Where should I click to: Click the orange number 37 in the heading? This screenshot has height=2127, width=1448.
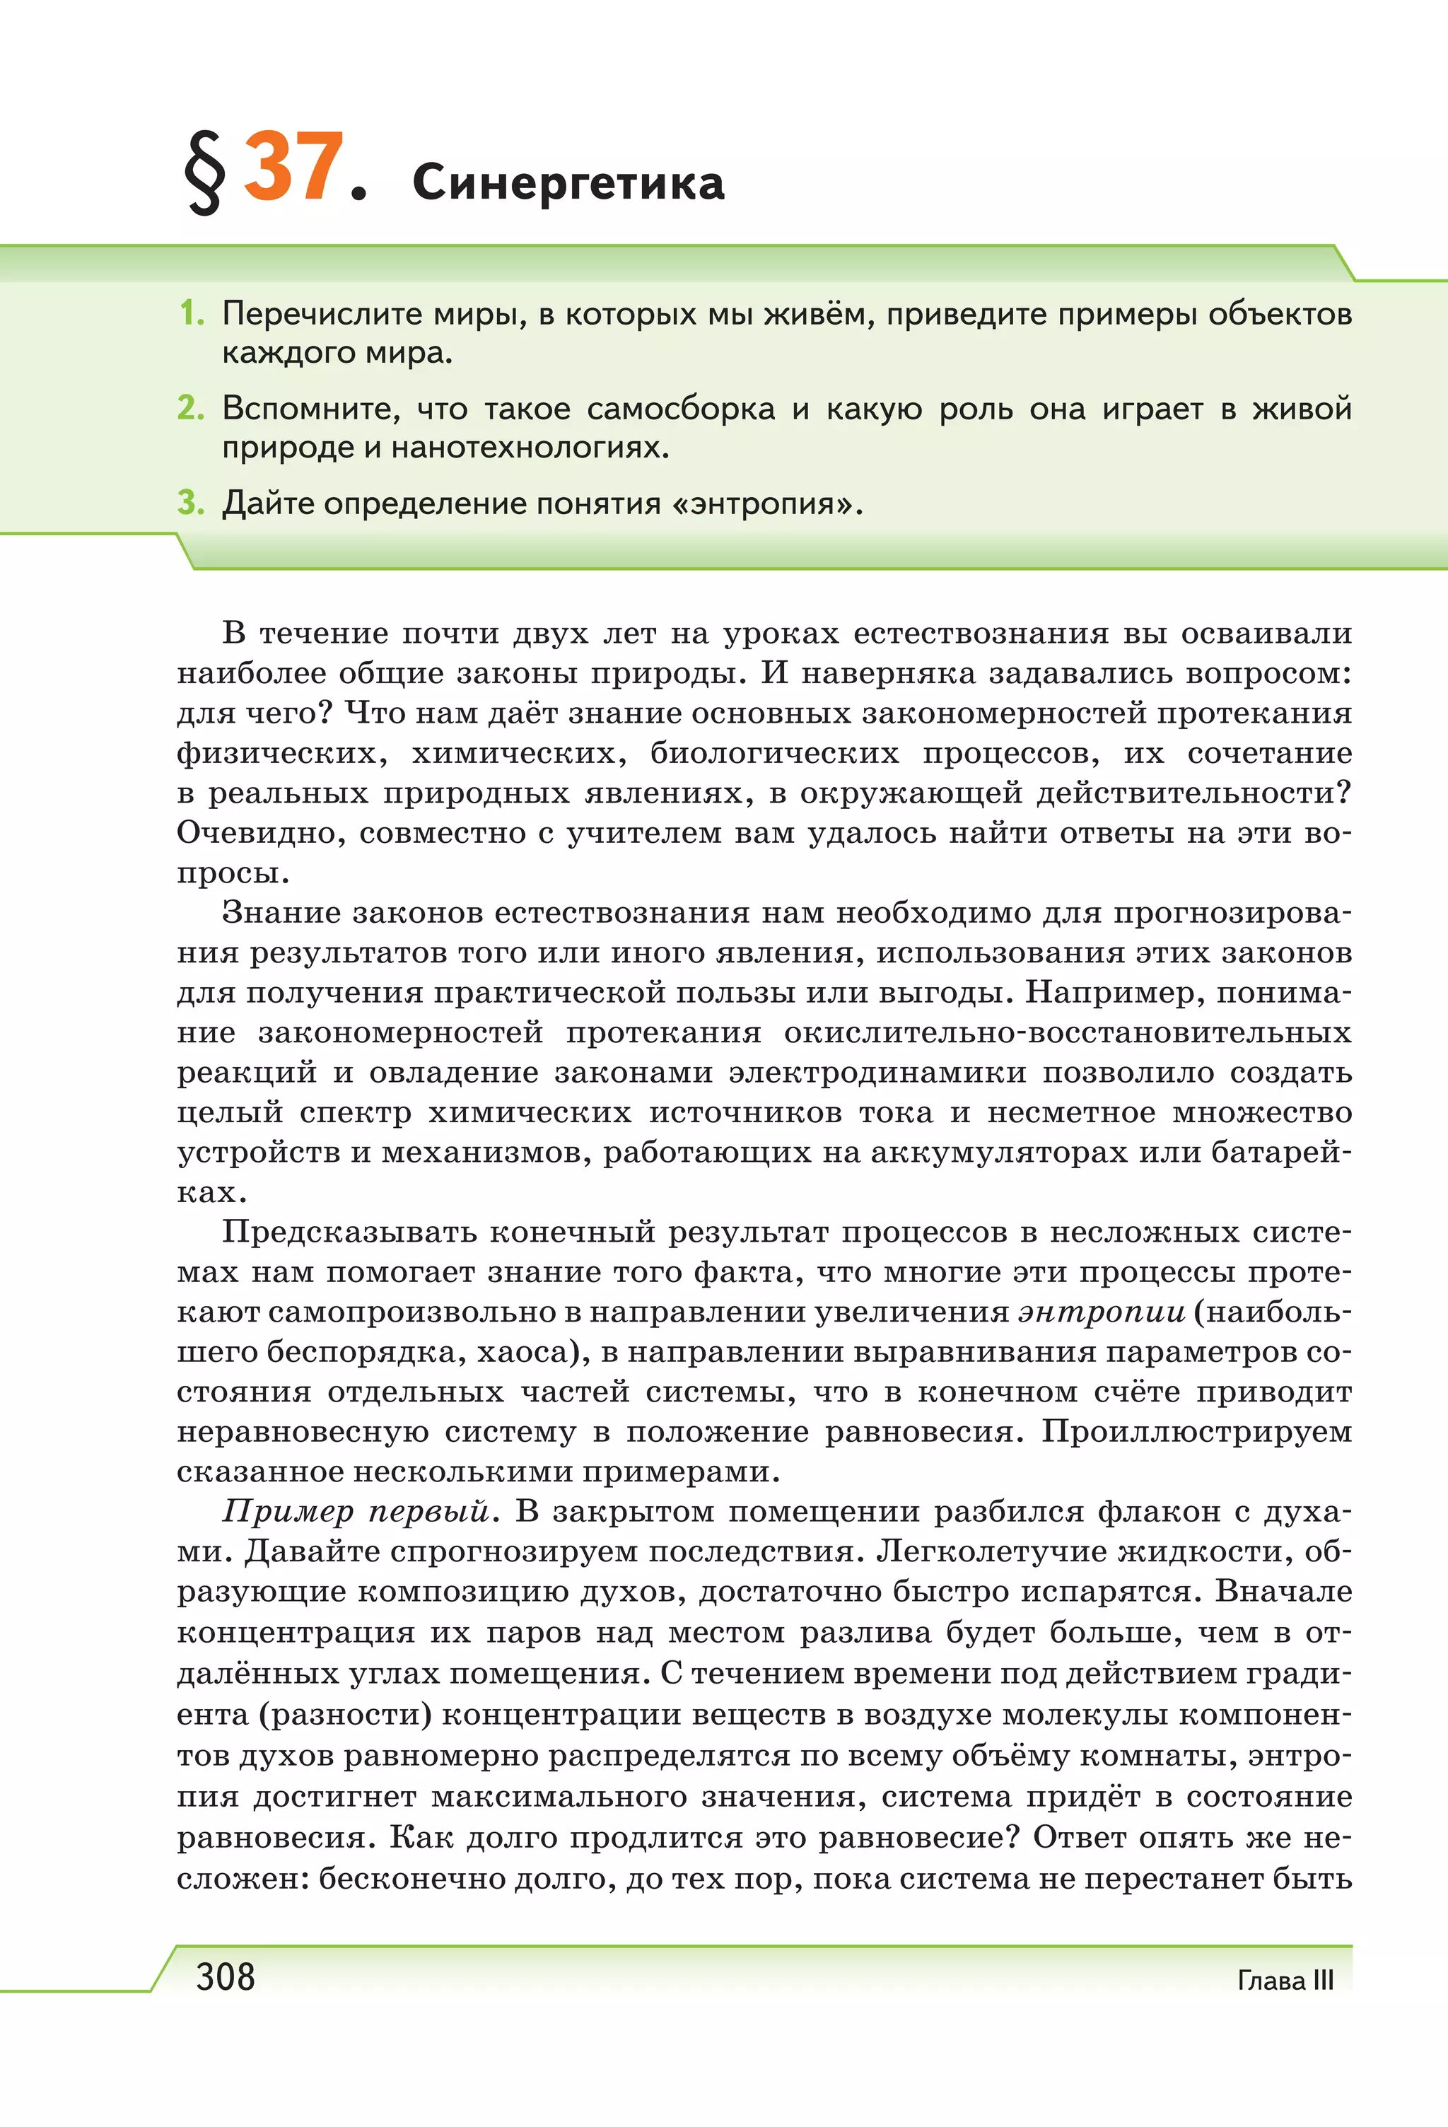(x=293, y=168)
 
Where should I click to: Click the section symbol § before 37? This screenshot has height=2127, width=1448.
(x=205, y=172)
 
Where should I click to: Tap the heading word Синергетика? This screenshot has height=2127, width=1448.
(x=568, y=183)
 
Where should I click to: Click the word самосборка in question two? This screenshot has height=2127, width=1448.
(x=680, y=409)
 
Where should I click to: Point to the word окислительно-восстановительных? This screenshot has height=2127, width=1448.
(x=1067, y=1032)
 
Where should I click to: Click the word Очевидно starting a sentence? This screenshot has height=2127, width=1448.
(x=260, y=833)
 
